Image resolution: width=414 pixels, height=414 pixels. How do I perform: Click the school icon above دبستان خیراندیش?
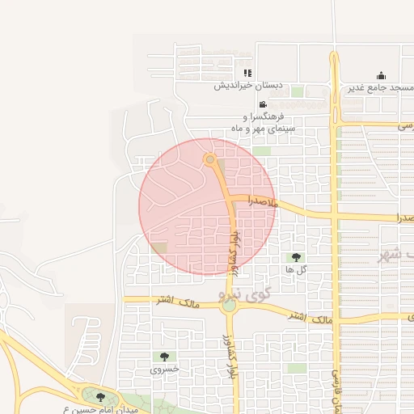[x=247, y=74]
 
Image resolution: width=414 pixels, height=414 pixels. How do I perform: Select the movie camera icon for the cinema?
[x=264, y=105]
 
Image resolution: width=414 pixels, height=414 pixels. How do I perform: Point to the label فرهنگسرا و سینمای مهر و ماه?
[x=264, y=123]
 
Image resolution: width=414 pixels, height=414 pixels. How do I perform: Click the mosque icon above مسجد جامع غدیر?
[x=382, y=76]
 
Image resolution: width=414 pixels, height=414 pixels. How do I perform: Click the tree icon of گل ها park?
[x=295, y=257]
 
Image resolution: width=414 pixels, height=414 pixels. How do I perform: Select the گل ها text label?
[x=295, y=268]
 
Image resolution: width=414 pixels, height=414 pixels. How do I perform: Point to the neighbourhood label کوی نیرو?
[x=268, y=298]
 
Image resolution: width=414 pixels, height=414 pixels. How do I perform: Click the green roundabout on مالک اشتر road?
[x=230, y=305]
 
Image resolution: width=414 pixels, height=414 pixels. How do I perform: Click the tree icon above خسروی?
[x=164, y=356]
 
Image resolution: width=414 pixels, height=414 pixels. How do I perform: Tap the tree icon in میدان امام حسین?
[x=100, y=397]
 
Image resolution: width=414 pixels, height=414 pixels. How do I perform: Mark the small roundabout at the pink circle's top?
[x=210, y=159]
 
